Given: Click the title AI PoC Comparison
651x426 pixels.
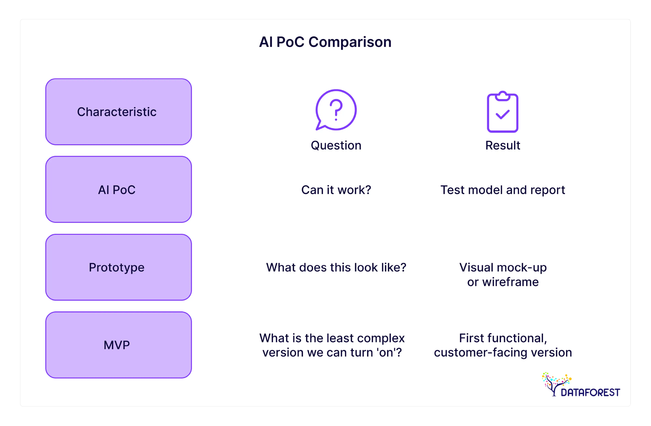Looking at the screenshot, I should click(x=325, y=42).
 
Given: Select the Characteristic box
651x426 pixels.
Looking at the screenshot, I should click(x=118, y=112).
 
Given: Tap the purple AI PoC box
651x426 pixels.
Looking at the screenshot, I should click(x=118, y=189).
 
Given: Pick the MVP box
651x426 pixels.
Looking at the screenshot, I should click(x=118, y=345).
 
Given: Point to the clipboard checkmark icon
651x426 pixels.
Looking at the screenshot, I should click(x=502, y=112).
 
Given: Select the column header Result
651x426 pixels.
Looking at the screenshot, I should click(x=502, y=145).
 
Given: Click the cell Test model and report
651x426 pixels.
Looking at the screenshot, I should click(x=502, y=190).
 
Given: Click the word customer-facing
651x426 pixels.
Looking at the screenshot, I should click(x=480, y=352).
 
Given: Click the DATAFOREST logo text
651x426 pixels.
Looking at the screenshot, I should click(x=590, y=392).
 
